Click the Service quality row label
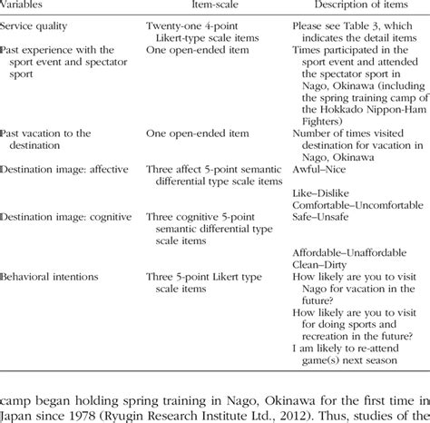[39, 29]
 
